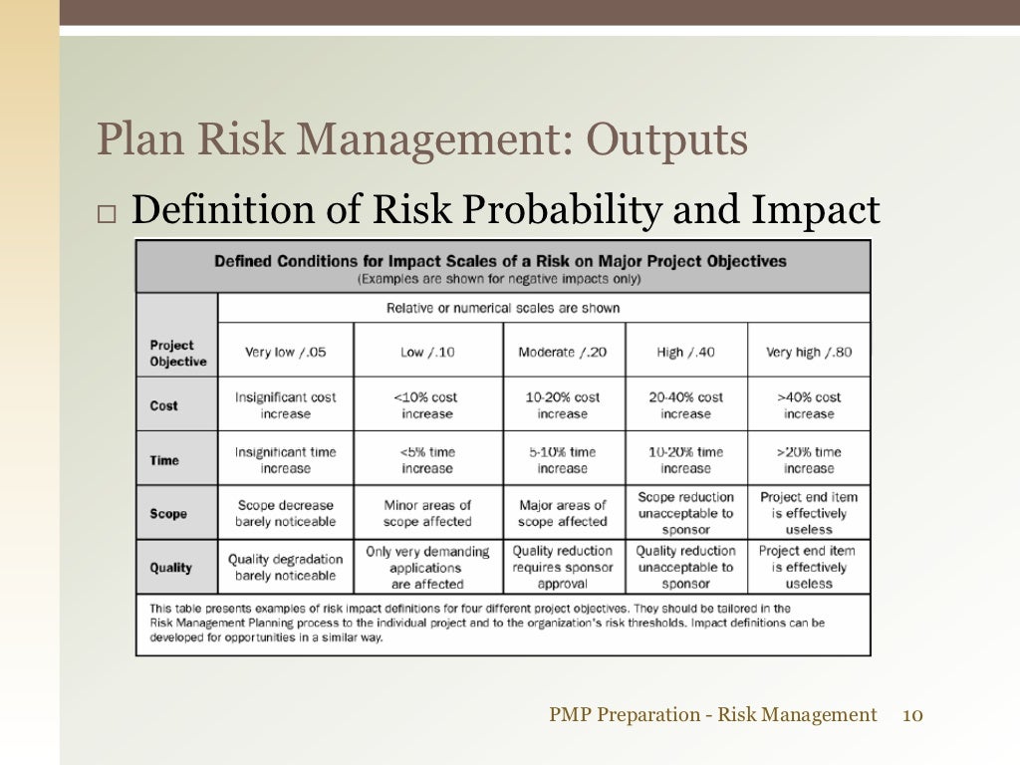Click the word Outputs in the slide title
pyautogui.click(x=665, y=141)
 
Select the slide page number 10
pyautogui.click(x=913, y=714)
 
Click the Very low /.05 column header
pyautogui.click(x=285, y=352)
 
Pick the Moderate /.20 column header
pyautogui.click(x=563, y=352)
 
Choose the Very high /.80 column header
pyautogui.click(x=809, y=352)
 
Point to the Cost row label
pyautogui.click(x=164, y=405)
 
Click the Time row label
pyautogui.click(x=164, y=460)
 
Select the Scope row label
pyautogui.click(x=168, y=514)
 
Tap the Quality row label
pyautogui.click(x=171, y=568)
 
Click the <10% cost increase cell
pyautogui.click(x=427, y=405)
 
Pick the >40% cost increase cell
pyautogui.click(x=809, y=405)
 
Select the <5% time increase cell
pyautogui.click(x=427, y=460)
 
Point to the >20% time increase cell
pyautogui.click(x=809, y=460)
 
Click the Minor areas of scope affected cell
pyautogui.click(x=427, y=514)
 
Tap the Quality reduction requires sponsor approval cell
pyautogui.click(x=563, y=568)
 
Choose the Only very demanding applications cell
pyautogui.click(x=427, y=568)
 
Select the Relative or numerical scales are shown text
pyautogui.click(x=503, y=308)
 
